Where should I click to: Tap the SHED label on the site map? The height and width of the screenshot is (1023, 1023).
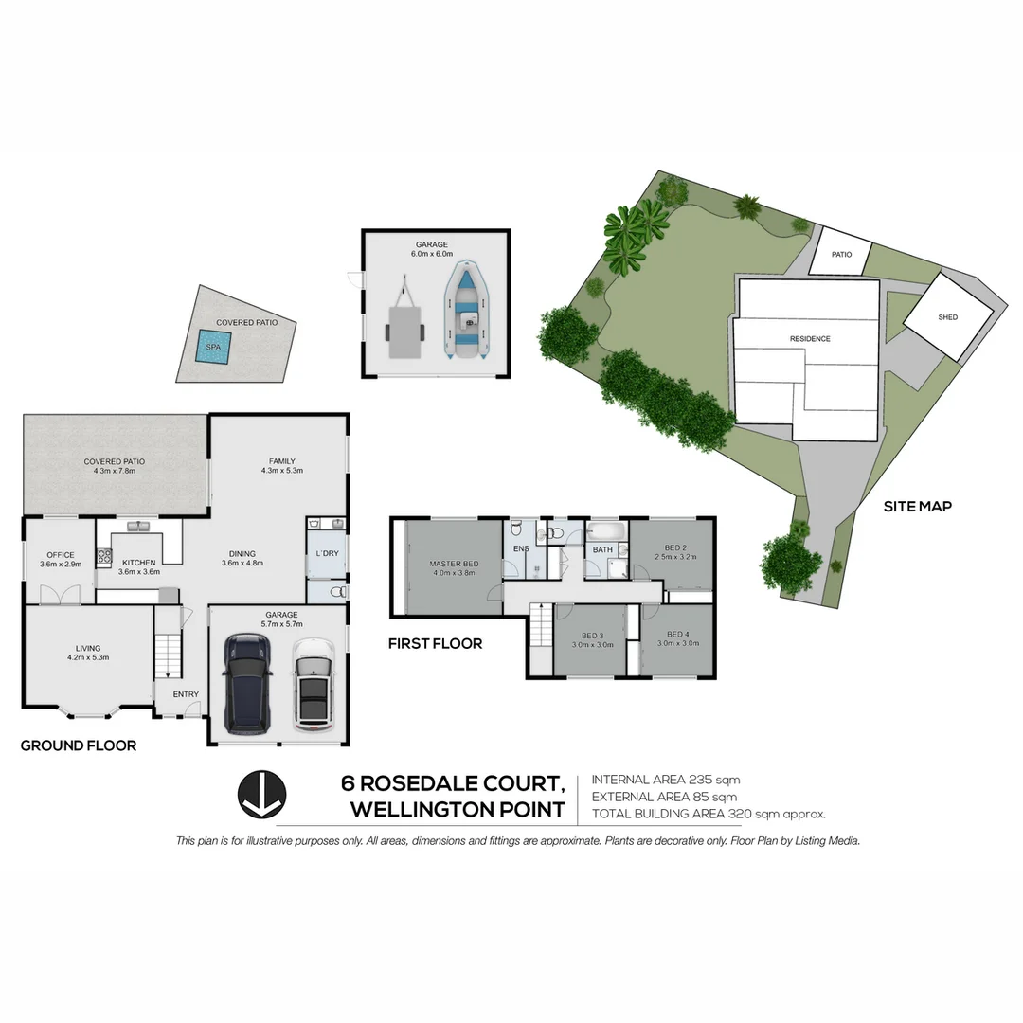(x=947, y=318)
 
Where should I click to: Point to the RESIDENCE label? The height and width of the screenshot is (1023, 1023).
(x=810, y=339)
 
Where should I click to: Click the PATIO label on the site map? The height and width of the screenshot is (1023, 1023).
(x=842, y=255)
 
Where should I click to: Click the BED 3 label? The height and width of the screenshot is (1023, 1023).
(x=593, y=635)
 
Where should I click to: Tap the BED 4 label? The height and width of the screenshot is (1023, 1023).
(x=676, y=635)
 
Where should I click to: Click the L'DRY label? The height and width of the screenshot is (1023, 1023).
(x=327, y=553)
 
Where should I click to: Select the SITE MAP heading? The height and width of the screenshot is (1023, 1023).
(x=917, y=507)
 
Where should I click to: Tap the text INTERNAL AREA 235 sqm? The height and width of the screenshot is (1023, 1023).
(x=666, y=781)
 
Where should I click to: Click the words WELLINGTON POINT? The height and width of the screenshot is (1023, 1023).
(x=458, y=810)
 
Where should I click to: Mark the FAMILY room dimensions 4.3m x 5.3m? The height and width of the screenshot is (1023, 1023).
(x=282, y=471)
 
